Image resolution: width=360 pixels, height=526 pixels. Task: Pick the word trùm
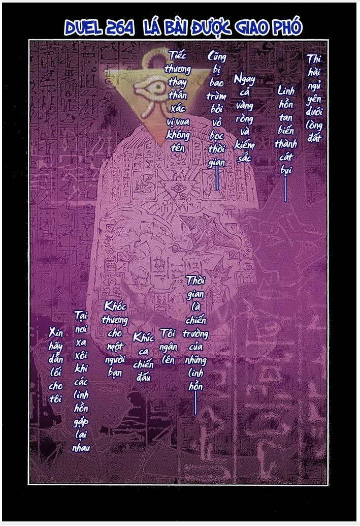[x=216, y=95]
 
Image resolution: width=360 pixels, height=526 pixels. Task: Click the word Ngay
[x=244, y=80]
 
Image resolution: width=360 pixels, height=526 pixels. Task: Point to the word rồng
[x=244, y=120]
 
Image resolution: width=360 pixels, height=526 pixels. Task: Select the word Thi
[x=314, y=59]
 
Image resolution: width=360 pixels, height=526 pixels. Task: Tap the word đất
[x=314, y=137]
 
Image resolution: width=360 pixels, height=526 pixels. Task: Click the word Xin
[x=56, y=332]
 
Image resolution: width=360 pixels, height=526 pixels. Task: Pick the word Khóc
[x=114, y=307]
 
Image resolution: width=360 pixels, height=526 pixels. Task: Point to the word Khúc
[x=143, y=338]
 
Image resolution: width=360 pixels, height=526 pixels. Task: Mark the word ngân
[x=168, y=347]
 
